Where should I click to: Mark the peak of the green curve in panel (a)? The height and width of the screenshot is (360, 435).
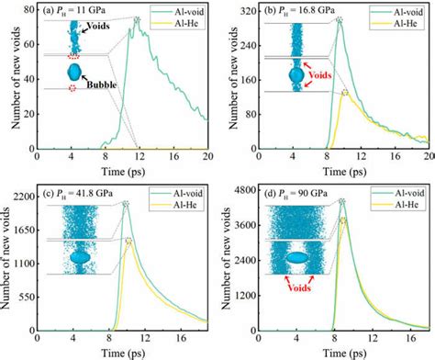click(137, 20)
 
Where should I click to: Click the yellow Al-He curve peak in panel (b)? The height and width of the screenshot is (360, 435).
click(345, 93)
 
